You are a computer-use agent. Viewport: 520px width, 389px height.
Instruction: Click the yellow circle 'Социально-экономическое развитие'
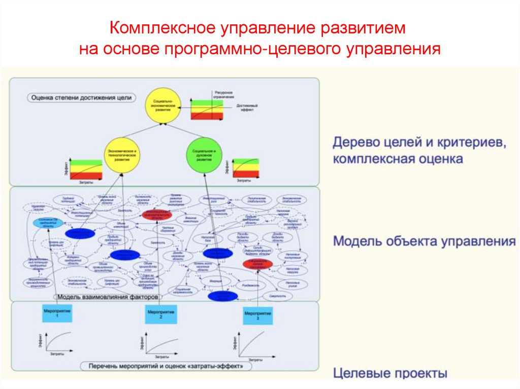click(162, 106)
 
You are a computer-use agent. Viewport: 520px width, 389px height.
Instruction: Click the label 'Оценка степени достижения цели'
click(81, 97)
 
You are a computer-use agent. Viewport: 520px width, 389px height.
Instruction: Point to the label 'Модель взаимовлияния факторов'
click(107, 297)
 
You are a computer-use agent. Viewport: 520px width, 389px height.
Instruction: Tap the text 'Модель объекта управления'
click(424, 241)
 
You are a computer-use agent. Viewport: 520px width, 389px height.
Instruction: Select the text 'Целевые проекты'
click(390, 374)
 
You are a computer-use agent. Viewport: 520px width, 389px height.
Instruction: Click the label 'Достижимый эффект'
click(244, 107)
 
